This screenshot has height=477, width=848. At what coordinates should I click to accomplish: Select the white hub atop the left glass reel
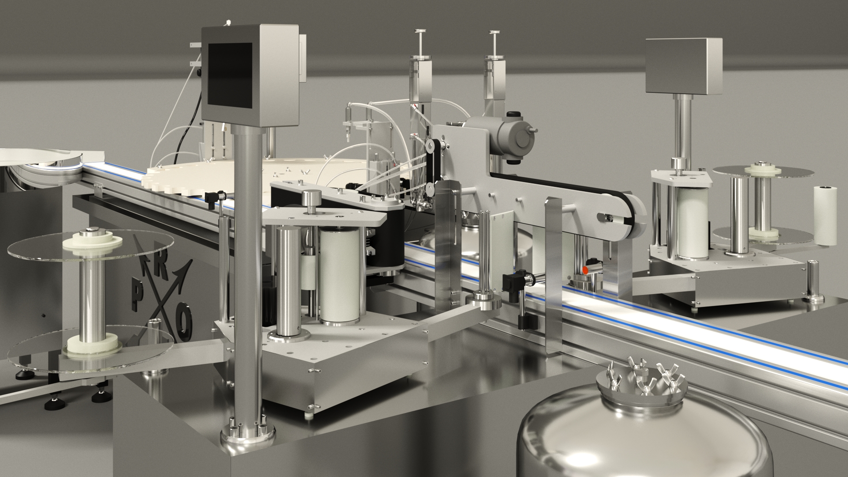pos(92,241)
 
